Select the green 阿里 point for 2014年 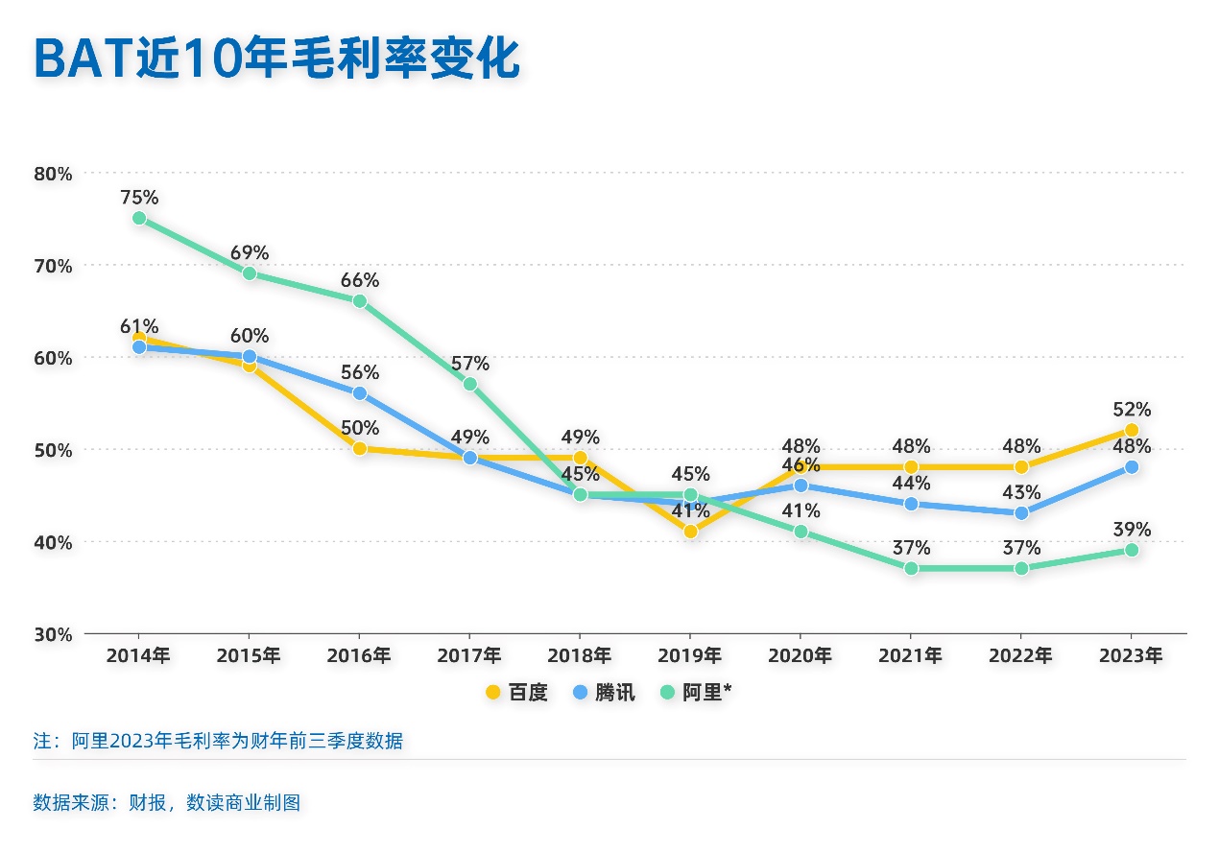pos(139,218)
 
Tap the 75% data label pos(139,198)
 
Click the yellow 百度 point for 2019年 pos(690,532)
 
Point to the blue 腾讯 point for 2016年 pos(360,393)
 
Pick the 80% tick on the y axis pos(53,174)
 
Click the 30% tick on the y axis pos(53,634)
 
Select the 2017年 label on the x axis pos(469,656)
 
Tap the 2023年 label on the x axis pos(1131,656)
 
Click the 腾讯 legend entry pos(604,693)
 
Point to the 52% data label pos(1131,410)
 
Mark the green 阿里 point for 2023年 pos(1132,550)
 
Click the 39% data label pos(1131,530)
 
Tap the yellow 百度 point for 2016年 pos(360,449)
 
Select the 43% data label pos(1021,493)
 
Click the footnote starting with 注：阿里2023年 pos(218,742)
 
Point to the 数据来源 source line pos(167,802)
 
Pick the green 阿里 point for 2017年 pos(470,384)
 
